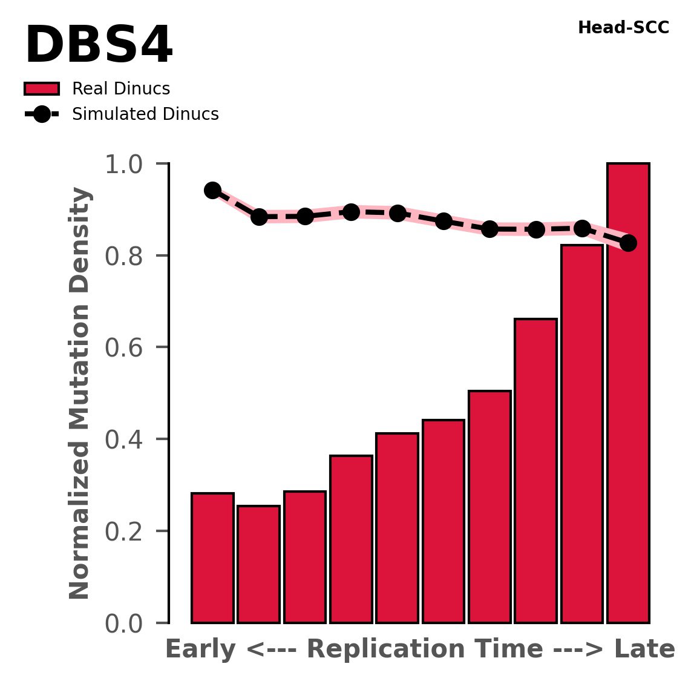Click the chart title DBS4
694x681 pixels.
pyautogui.click(x=99, y=47)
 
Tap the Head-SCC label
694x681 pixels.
pyautogui.click(x=623, y=28)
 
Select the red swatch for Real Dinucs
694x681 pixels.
pyautogui.click(x=42, y=89)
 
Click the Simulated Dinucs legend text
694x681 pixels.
pyautogui.click(x=145, y=114)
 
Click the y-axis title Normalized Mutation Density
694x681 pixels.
pyautogui.click(x=80, y=393)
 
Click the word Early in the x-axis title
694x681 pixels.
pyautogui.click(x=200, y=650)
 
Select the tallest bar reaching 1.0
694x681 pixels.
pyautogui.click(x=628, y=393)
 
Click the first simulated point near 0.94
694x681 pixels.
pyautogui.click(x=212, y=190)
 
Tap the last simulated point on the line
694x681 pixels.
pyautogui.click(x=628, y=243)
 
